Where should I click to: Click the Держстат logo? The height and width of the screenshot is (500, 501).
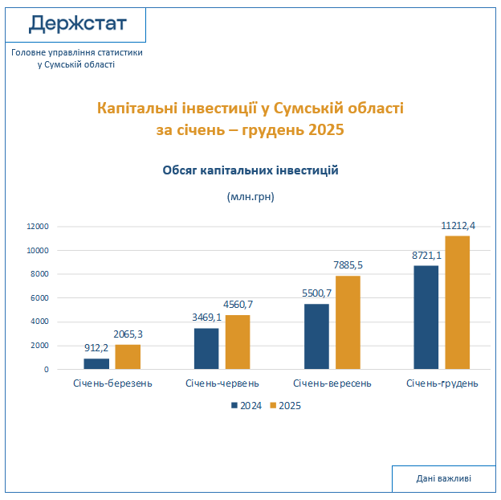point(77,23)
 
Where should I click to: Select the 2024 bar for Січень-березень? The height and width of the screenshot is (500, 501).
point(96,363)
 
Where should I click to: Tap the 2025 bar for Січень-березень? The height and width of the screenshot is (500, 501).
point(128,357)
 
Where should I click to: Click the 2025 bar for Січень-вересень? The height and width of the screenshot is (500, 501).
point(348,322)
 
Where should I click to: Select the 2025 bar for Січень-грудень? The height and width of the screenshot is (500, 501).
point(457,302)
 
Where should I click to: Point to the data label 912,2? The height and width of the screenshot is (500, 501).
point(96,350)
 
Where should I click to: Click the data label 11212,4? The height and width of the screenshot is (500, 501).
point(458,226)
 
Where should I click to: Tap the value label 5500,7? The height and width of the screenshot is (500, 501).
point(316,294)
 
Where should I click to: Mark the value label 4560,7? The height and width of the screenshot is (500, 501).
point(238,305)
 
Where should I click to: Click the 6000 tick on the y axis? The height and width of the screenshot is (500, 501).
point(40,298)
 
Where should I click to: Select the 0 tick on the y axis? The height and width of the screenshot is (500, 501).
point(47,370)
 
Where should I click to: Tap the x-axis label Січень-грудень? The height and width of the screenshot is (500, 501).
point(442,383)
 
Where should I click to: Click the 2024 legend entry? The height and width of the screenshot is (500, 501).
point(246,406)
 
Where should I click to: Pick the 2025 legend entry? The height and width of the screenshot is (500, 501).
point(285,406)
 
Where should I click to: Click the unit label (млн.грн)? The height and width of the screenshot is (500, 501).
point(250,196)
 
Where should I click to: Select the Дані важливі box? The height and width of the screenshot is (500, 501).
point(443,478)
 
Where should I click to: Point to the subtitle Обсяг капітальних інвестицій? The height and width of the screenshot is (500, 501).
point(250,170)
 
